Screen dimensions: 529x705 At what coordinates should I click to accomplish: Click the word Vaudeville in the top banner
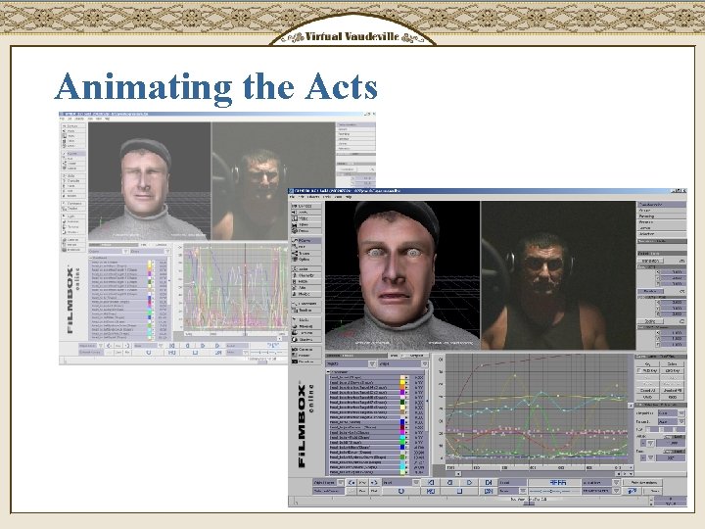[373, 36]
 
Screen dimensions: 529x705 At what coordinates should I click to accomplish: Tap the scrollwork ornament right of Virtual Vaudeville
[418, 37]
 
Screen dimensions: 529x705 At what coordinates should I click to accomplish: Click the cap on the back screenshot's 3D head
[146, 148]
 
